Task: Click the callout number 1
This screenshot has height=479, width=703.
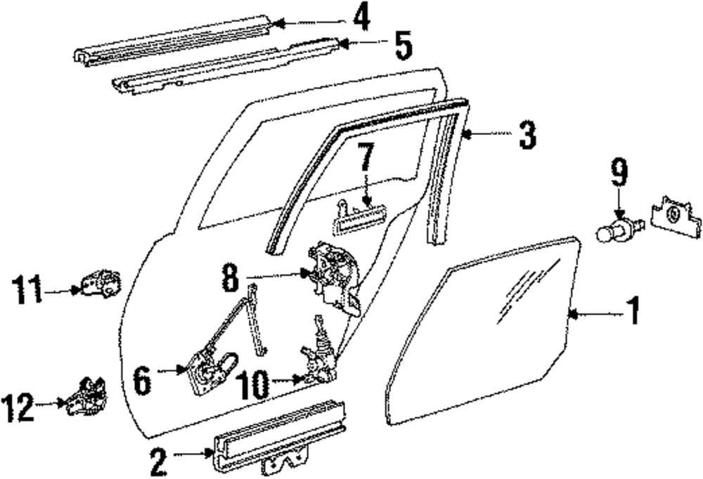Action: [x=633, y=311]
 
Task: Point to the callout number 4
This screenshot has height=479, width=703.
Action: [x=361, y=20]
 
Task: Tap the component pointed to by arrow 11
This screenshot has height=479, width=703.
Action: [x=103, y=283]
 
